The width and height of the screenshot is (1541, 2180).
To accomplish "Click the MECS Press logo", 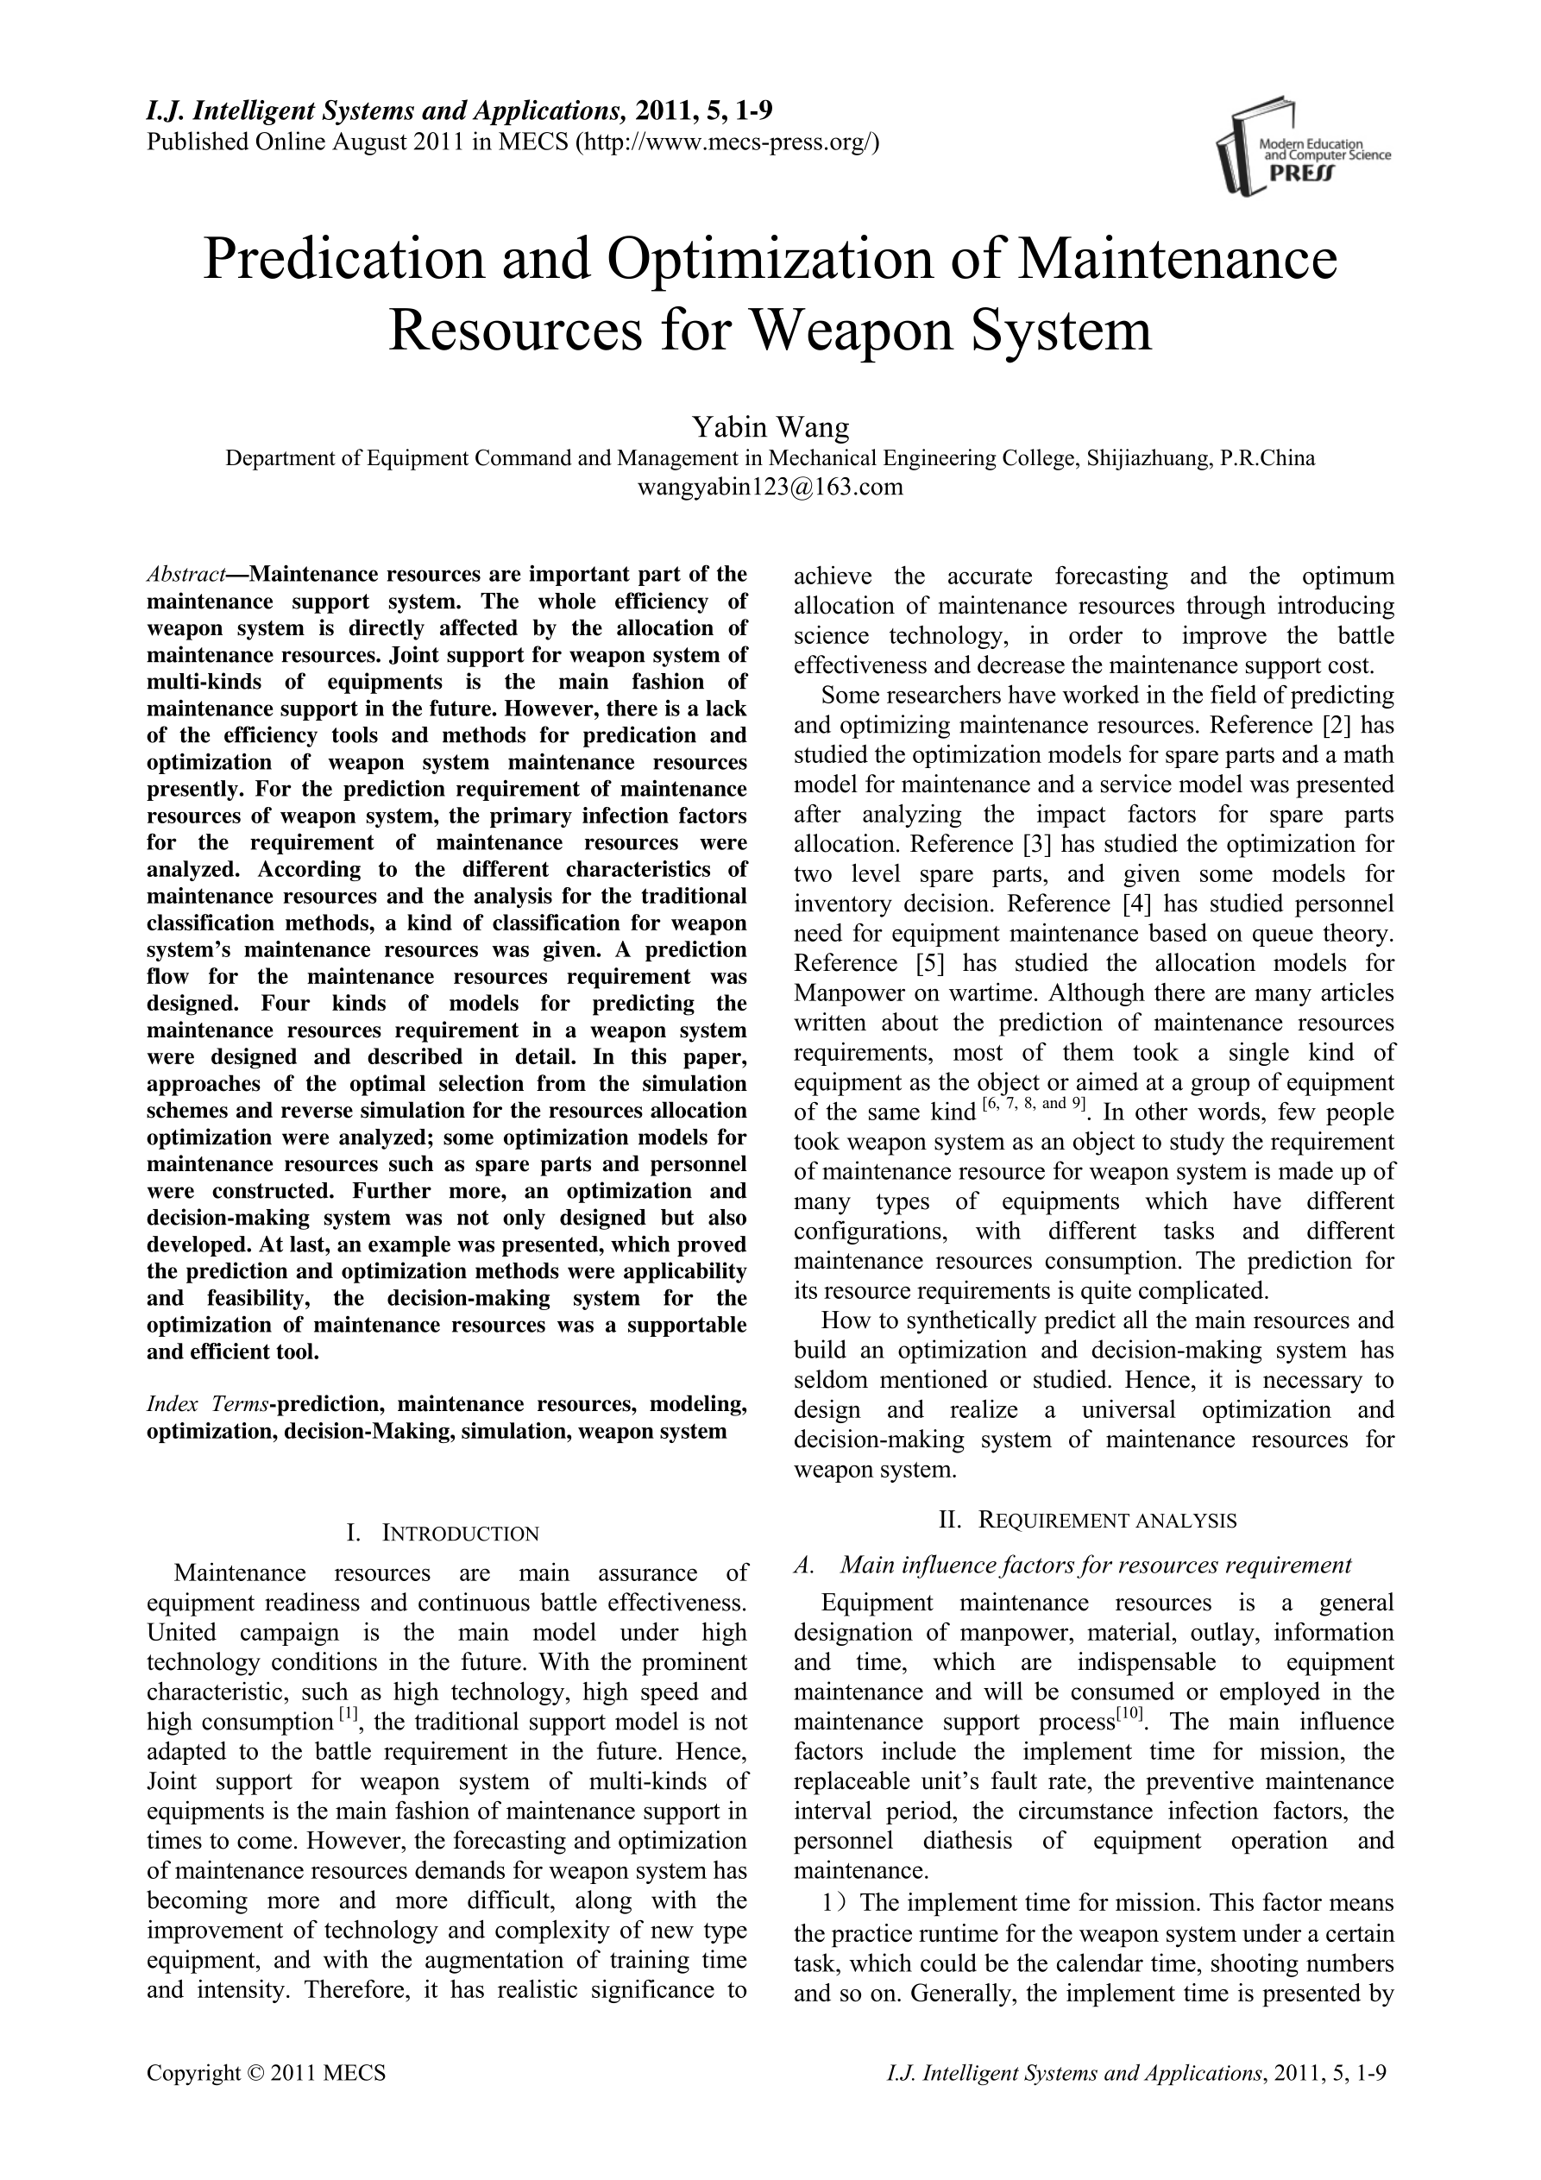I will click(x=1301, y=148).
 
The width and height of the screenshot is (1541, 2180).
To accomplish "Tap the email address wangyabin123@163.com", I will click(x=770, y=488).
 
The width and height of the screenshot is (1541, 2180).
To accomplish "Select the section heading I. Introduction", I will click(x=445, y=1534).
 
